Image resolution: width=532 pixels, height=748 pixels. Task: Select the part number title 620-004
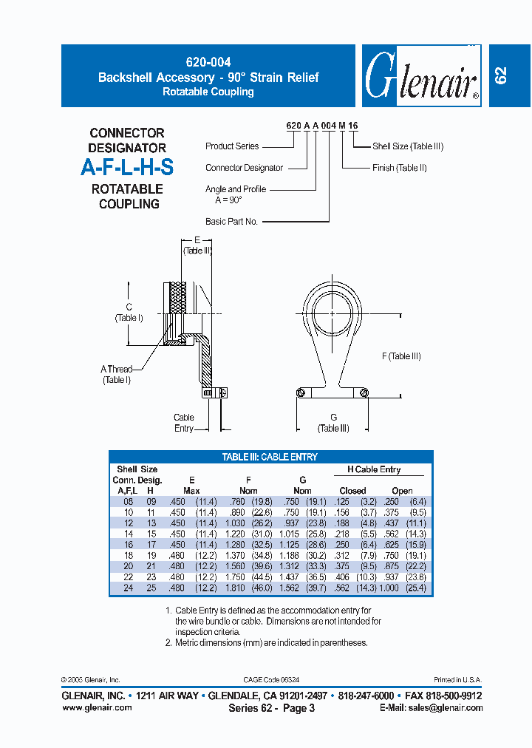pos(208,64)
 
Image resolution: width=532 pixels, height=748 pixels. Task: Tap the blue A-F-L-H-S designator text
pos(127,168)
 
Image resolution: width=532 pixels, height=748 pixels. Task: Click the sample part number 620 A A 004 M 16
pos(321,126)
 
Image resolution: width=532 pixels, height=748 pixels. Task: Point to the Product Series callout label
pos(232,146)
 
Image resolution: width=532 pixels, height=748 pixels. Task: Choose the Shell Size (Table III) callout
pos(408,146)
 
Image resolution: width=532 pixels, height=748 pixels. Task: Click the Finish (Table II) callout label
pos(400,168)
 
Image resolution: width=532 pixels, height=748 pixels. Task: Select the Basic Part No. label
pos(231,221)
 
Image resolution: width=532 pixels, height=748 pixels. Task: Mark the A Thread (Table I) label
pos(116,374)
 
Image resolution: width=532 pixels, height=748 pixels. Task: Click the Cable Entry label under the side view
pos(184,423)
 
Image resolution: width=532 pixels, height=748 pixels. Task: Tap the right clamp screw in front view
pos(364,393)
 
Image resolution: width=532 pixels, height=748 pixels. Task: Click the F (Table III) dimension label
pos(401,356)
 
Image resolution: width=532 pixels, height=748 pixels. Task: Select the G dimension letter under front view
pos(333,418)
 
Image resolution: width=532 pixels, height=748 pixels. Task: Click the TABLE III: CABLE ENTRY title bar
pos(270,457)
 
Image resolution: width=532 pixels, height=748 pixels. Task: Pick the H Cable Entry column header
pos(374,469)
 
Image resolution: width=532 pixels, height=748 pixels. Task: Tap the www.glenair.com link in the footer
pos(97,707)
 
